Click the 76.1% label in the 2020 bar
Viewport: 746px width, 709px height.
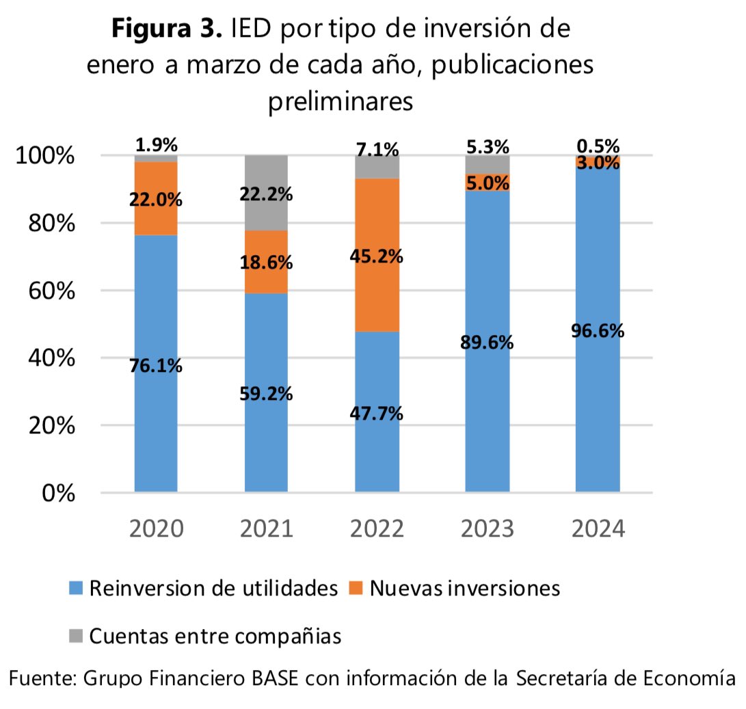click(x=156, y=366)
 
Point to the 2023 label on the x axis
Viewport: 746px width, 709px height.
click(x=487, y=529)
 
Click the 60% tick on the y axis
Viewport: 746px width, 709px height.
click(x=45, y=291)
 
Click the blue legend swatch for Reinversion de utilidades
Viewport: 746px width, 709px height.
click(x=76, y=589)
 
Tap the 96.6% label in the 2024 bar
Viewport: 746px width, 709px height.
click(x=598, y=331)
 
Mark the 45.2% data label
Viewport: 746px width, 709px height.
click(x=377, y=257)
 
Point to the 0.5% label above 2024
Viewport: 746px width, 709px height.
click(x=598, y=146)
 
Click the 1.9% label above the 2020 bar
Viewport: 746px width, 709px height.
click(x=156, y=145)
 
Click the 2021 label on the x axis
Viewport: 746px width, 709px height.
click(x=266, y=529)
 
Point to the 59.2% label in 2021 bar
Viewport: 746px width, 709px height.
click(x=266, y=394)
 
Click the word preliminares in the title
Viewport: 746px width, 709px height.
click(x=340, y=101)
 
